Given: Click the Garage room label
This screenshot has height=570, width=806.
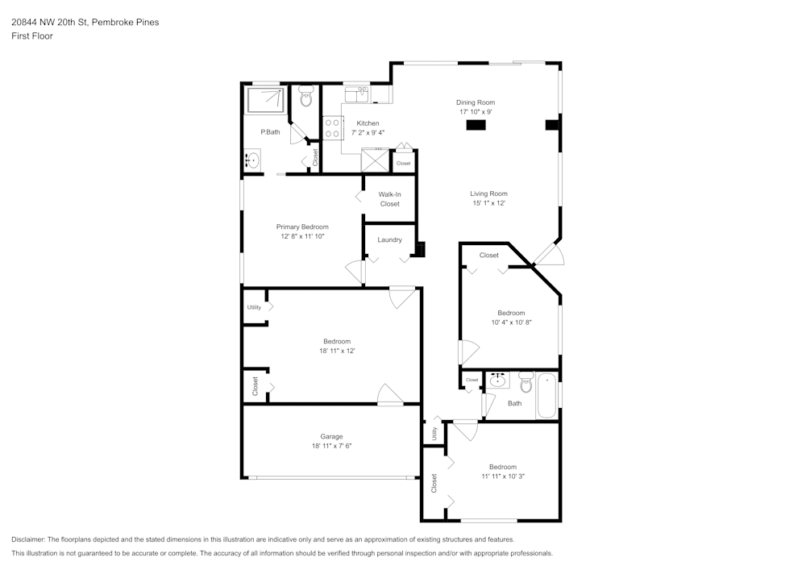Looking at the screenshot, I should point(331,436).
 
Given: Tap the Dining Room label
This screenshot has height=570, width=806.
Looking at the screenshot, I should point(475,102).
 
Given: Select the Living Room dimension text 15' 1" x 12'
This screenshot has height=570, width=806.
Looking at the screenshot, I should point(488,203).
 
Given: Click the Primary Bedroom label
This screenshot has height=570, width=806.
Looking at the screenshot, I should point(302,227).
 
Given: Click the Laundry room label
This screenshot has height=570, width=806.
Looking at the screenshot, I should point(389,239).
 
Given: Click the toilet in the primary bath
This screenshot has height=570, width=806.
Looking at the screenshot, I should point(305,98).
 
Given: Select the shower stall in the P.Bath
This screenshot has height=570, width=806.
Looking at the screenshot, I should point(265,101).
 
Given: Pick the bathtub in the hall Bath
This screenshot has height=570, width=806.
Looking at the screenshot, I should point(547,395).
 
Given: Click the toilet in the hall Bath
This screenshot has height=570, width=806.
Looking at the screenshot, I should point(526,381).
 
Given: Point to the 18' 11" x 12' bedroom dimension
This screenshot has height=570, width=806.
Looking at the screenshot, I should point(337,351).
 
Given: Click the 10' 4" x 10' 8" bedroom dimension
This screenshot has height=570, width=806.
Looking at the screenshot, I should point(511,322).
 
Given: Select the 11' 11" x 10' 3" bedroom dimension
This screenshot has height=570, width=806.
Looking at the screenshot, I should point(502,476).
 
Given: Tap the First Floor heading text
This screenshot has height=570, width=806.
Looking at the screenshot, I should point(32,36).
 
